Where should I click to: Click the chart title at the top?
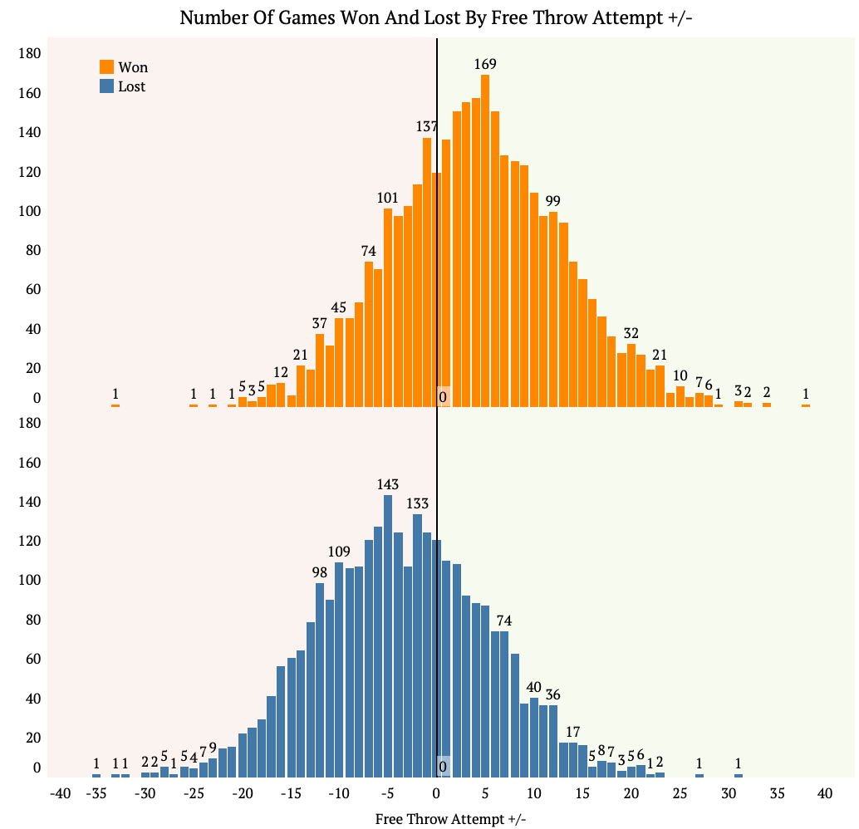436,17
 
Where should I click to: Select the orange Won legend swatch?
106,67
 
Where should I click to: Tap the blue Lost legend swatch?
106,86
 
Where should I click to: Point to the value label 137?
427,127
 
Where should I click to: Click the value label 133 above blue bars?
417,504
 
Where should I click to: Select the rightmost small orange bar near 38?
806,405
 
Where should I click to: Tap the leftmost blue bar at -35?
96,776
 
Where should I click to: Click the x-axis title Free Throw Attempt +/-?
450,819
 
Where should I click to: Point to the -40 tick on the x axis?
61,794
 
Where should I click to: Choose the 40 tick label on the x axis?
824,794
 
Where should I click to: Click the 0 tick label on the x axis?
437,794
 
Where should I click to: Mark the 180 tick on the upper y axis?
30,54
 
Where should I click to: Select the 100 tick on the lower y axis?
30,581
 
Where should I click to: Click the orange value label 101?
388,198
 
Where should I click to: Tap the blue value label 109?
339,552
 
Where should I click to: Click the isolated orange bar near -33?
115,405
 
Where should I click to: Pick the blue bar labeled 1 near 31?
738,776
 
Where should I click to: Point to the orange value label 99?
553,201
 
